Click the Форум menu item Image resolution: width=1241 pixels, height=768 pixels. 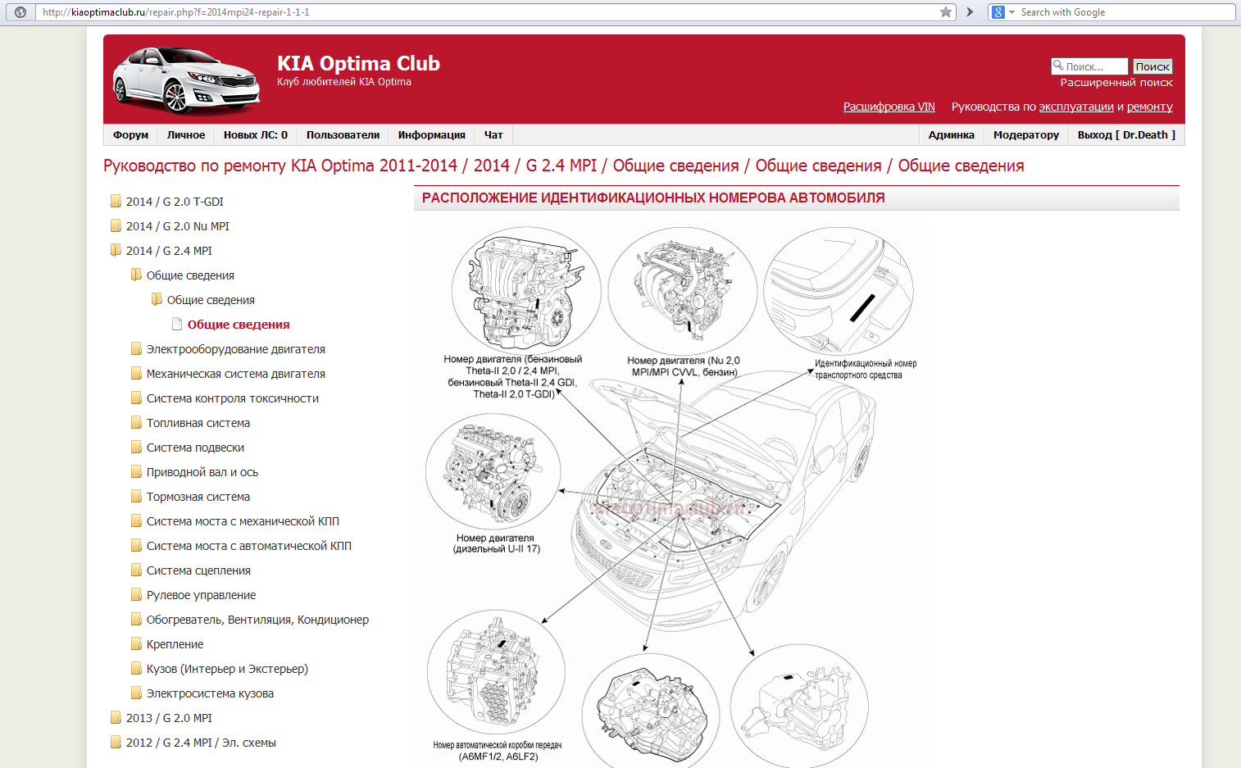pos(130,135)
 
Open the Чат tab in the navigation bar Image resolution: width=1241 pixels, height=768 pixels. pos(493,135)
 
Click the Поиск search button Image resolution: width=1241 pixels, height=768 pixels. pos(1152,66)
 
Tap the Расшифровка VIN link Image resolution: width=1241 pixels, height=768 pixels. pos(889,107)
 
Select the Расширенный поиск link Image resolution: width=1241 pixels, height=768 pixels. pos(1116,83)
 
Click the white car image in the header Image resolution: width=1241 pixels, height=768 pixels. pos(186,80)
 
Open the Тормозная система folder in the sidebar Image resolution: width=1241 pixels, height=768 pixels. pos(198,497)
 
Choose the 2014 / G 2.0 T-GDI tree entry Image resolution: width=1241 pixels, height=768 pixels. pos(175,202)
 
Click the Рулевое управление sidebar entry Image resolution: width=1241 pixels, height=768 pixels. pos(201,595)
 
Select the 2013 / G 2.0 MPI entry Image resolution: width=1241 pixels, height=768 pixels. pos(169,718)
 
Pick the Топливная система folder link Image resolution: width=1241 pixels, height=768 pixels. pos(198,423)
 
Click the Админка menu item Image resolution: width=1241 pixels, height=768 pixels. pos(951,135)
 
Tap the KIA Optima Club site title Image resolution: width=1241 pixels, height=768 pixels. pos(358,64)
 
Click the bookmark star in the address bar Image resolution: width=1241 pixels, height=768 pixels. pos(946,12)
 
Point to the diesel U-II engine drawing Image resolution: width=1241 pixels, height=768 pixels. pos(493,470)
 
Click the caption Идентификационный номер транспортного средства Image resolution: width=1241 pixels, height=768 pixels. pos(865,370)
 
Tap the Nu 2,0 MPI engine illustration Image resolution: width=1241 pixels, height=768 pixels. pos(682,289)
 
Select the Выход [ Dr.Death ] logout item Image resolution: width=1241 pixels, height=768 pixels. pos(1126,135)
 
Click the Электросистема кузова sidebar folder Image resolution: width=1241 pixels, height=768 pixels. pos(210,693)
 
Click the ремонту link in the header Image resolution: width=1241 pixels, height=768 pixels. pos(1149,107)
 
